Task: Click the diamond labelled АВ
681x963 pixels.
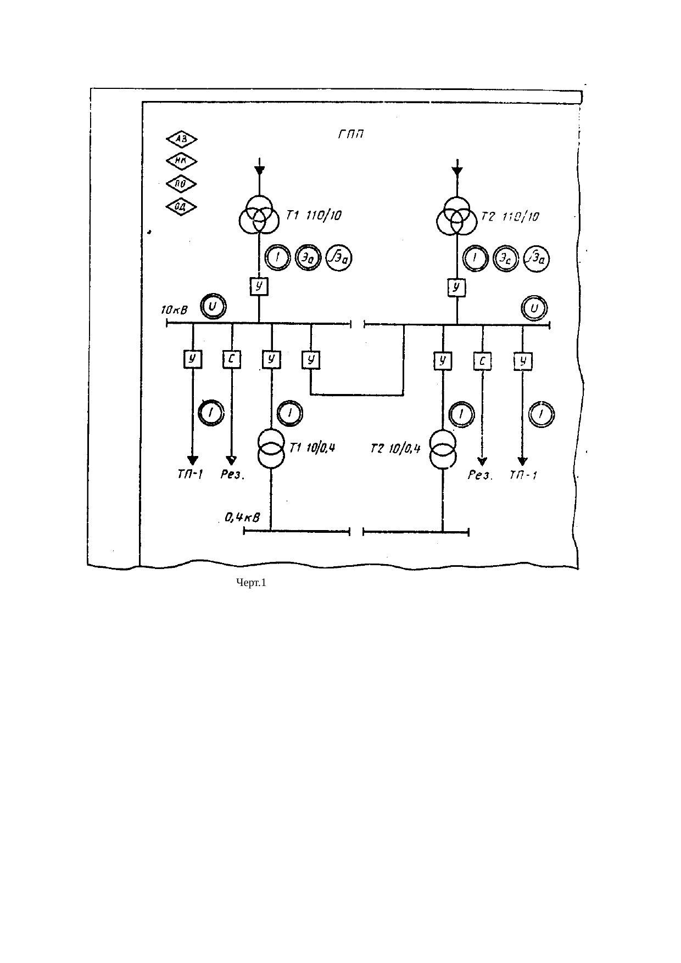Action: pyautogui.click(x=182, y=139)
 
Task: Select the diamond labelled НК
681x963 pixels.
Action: pyautogui.click(x=182, y=161)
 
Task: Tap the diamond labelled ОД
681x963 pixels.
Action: pyautogui.click(x=182, y=206)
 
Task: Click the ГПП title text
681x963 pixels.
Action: pyautogui.click(x=351, y=134)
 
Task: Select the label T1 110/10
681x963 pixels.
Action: pyautogui.click(x=313, y=216)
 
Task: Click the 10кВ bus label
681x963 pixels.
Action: pyautogui.click(x=174, y=311)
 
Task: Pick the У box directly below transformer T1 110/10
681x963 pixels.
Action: pyautogui.click(x=259, y=286)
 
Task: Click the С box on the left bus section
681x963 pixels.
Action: pyautogui.click(x=232, y=360)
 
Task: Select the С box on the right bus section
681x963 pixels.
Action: pyautogui.click(x=482, y=361)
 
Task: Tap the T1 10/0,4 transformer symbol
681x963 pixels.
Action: pyautogui.click(x=271, y=447)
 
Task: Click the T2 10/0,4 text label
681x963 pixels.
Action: pyautogui.click(x=395, y=449)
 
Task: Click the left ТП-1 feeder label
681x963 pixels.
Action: pyautogui.click(x=190, y=475)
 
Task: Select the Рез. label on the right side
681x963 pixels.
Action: pyautogui.click(x=481, y=476)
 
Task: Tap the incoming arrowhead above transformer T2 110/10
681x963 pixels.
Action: pyautogui.click(x=457, y=171)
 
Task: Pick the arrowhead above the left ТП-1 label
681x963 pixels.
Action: pyautogui.click(x=192, y=460)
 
